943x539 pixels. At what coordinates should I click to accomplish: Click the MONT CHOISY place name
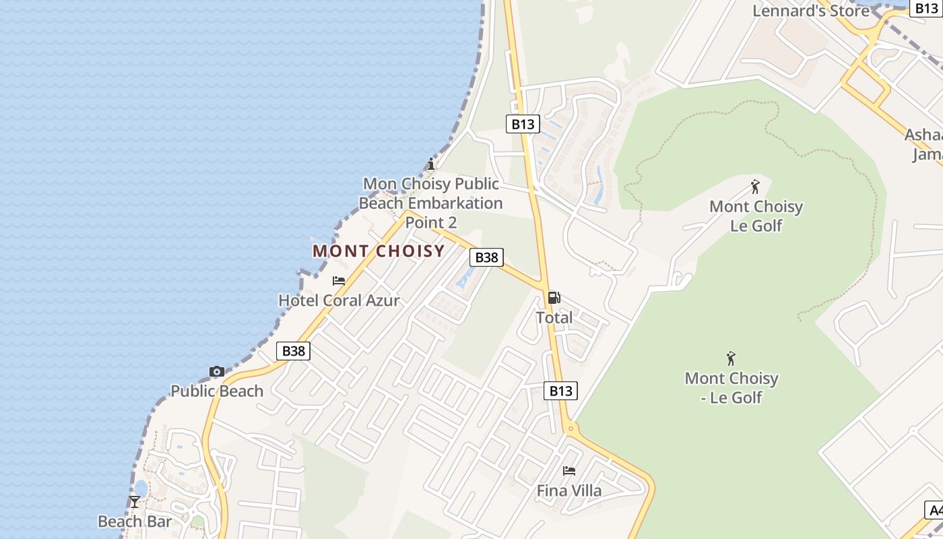[379, 251]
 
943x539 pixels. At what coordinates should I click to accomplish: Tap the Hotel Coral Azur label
[339, 300]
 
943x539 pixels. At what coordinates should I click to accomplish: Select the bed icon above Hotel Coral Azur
[339, 281]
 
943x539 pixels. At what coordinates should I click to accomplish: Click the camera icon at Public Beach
[217, 372]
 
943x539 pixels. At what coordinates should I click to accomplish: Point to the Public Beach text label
[217, 391]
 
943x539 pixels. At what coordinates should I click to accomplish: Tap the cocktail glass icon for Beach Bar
[135, 501]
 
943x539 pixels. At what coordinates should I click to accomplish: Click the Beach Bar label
[135, 521]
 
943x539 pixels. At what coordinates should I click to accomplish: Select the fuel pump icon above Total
[554, 298]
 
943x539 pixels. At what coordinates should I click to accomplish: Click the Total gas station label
[554, 317]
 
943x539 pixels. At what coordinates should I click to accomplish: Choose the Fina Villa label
[569, 490]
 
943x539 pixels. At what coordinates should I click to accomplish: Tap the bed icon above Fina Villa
[569, 471]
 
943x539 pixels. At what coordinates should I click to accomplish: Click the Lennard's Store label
[811, 11]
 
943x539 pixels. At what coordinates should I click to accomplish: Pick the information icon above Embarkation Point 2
[431, 164]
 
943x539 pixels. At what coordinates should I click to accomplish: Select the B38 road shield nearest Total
[486, 257]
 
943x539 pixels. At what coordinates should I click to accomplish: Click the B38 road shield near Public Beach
[293, 350]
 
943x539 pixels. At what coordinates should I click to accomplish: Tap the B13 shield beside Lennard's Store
[927, 8]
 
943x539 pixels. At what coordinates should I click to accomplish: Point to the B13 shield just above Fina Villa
[560, 391]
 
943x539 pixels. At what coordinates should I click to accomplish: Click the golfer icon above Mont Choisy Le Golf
[756, 187]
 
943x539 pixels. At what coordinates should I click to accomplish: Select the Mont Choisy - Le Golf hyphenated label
[731, 388]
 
